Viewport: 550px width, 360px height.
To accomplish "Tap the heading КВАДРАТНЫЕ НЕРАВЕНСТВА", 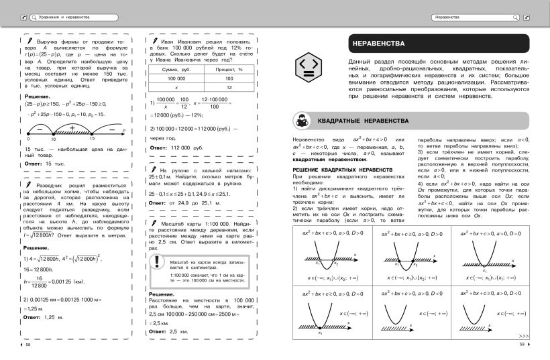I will (x=368, y=121).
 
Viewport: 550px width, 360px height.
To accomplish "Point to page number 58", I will (x=27, y=345).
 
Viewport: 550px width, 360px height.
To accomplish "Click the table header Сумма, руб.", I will (x=175, y=69).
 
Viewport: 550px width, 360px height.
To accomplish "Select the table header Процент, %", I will (x=229, y=69).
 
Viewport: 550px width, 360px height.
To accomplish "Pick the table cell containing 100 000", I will (x=175, y=78).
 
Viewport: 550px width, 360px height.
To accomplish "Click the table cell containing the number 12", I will (x=229, y=87).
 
